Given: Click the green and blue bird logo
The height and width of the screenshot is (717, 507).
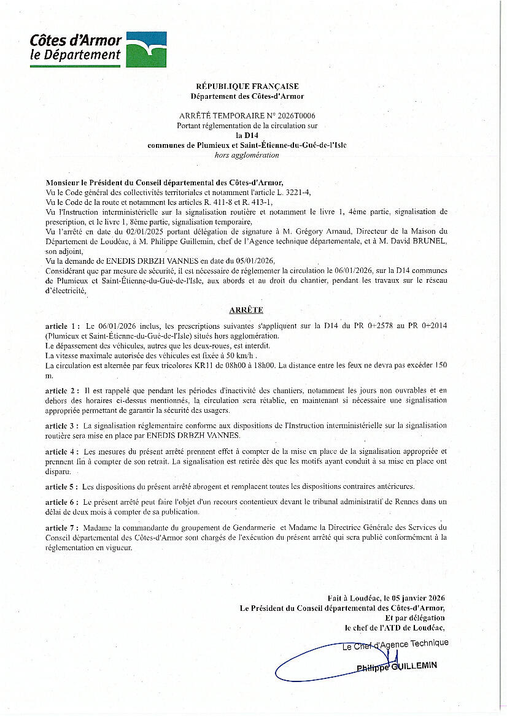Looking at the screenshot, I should (146, 49).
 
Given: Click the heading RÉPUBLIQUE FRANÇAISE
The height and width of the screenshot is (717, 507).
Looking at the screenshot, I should (247, 86).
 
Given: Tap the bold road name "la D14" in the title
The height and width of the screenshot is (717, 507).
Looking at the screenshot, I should (247, 135).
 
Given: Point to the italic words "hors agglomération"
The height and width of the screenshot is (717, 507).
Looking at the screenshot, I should (247, 155).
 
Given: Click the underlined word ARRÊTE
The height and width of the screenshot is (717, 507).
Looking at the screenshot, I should (246, 310).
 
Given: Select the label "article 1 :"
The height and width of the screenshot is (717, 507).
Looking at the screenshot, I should (63, 326).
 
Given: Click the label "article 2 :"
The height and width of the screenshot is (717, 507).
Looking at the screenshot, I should (63, 390).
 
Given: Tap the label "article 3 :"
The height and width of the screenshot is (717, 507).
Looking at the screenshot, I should (63, 425).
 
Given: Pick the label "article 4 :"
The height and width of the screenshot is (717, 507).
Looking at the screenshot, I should (63, 451).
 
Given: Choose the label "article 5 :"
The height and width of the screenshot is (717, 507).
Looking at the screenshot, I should (63, 486).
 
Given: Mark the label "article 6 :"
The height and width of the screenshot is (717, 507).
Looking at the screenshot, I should (63, 502).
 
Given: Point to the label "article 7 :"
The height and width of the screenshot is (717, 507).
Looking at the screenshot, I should (63, 527).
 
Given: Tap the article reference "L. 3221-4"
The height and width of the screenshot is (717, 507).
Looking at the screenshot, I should (293, 192).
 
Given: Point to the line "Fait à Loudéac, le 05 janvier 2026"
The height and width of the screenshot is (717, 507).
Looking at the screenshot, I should (386, 598).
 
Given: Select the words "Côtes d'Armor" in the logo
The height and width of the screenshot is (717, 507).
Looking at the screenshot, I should (75, 41).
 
